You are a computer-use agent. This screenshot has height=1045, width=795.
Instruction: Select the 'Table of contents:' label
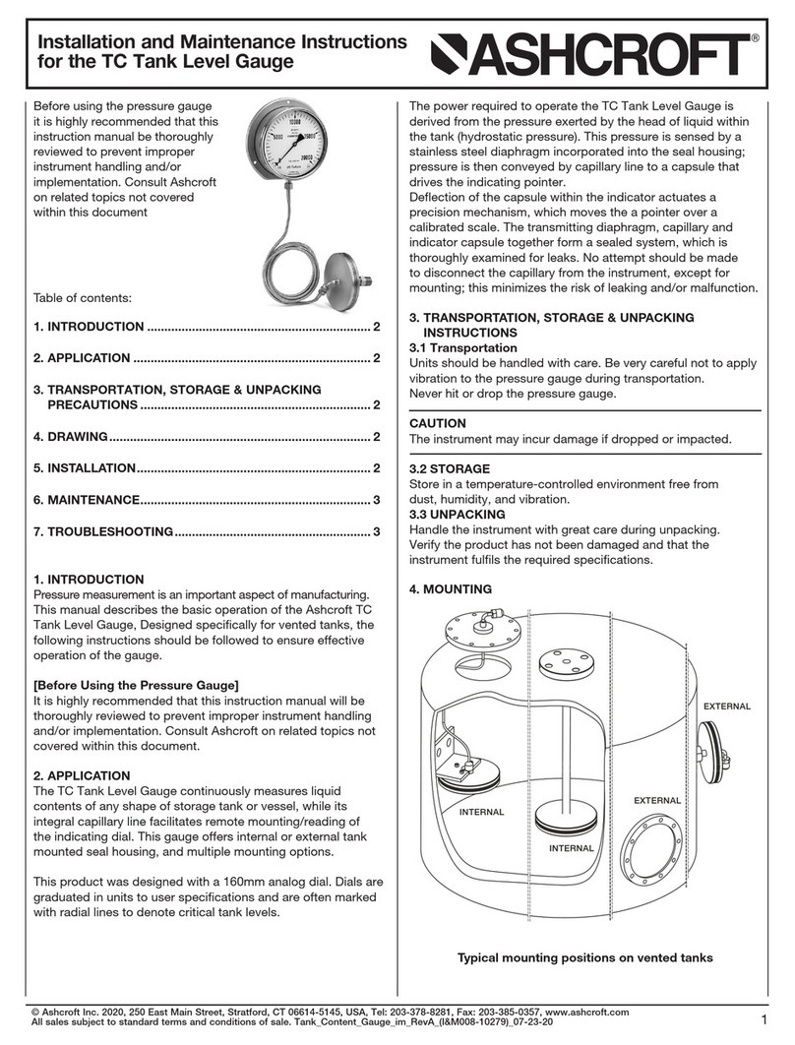click(83, 296)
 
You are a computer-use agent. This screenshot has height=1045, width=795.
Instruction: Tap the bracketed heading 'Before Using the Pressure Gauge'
click(137, 684)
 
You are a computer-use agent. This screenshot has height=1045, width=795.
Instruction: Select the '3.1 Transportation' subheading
click(462, 348)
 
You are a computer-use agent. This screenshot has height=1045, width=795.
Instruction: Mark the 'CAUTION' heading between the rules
click(438, 423)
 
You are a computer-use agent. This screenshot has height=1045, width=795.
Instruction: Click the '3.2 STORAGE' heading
click(449, 469)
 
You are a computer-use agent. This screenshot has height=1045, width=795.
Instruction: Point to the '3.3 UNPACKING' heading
click(457, 515)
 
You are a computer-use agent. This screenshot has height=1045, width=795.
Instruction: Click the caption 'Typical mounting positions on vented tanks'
click(584, 957)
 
